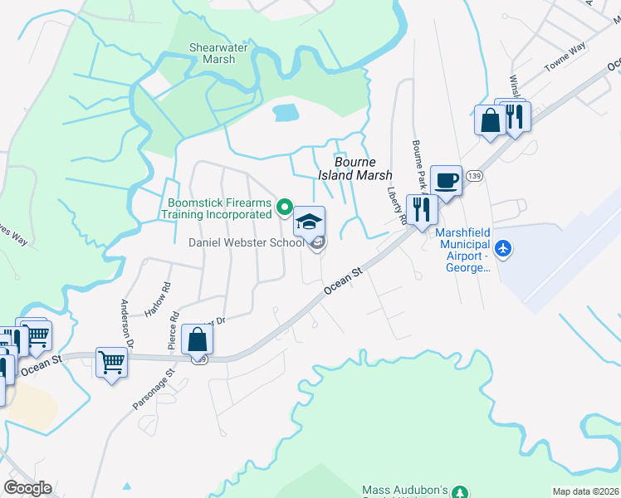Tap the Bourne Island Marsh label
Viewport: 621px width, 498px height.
coord(355,168)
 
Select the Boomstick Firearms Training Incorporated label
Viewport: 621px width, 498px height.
coord(219,207)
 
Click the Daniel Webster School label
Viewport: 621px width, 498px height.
coord(245,242)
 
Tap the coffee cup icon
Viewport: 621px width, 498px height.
coord(446,181)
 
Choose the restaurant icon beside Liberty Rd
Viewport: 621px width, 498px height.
coord(422,211)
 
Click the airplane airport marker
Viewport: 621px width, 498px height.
coord(502,247)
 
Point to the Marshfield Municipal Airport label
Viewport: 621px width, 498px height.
coord(464,250)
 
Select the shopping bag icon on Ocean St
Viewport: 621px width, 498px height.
coord(198,339)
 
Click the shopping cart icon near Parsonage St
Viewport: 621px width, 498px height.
coord(111,363)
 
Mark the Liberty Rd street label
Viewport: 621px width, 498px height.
coord(397,204)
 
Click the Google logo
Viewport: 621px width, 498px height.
coord(27,488)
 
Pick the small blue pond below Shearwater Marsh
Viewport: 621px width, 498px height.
coord(285,112)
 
